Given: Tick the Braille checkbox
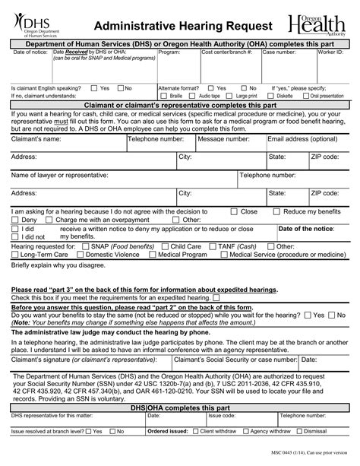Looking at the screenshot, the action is (164, 97).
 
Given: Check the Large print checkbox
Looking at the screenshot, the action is (231, 97).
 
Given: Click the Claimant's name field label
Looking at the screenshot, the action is (36, 140).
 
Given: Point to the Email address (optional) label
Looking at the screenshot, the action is (302, 140).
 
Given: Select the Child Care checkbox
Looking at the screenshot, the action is (165, 247).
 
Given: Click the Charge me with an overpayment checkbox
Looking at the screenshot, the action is (49, 220).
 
